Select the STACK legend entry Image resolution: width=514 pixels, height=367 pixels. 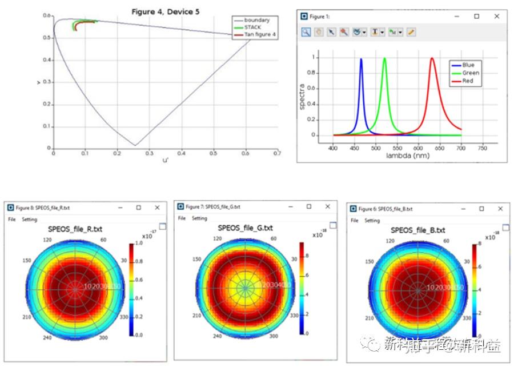click(x=254, y=27)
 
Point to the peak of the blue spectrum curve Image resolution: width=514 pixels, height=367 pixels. click(x=361, y=58)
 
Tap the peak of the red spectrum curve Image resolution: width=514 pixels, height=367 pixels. click(x=432, y=58)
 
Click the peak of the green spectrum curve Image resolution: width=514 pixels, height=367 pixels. click(x=384, y=58)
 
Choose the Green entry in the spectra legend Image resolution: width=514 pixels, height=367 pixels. click(x=471, y=73)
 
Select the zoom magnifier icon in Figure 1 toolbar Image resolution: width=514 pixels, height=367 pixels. click(x=306, y=32)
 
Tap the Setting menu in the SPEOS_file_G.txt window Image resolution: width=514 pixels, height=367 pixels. click(x=199, y=218)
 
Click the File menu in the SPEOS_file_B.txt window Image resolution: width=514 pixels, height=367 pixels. click(x=354, y=221)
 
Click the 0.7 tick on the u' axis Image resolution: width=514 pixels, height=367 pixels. click(x=278, y=153)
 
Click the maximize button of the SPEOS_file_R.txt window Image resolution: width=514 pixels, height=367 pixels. click(x=138, y=208)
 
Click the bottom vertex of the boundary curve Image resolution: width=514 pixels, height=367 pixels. click(x=135, y=145)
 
